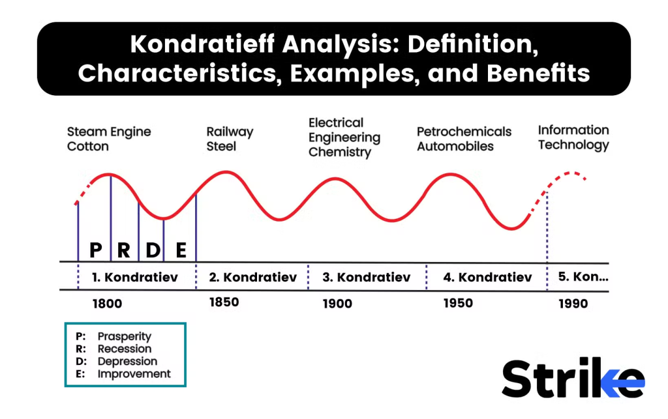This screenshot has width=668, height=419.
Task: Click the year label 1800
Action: [107, 304]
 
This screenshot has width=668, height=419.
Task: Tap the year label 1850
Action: [224, 302]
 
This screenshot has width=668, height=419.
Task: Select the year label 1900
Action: [337, 304]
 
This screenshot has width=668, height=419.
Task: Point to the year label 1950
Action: [458, 303]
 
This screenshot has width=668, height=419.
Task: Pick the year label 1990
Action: [573, 304]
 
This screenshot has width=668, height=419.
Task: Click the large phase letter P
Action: [96, 250]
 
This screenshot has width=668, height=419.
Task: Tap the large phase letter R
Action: [123, 250]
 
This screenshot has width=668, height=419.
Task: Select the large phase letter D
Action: [153, 250]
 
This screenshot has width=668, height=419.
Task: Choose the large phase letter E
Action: [181, 250]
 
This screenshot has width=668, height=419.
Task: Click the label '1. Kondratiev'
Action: [135, 278]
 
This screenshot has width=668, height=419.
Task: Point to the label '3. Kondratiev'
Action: [367, 278]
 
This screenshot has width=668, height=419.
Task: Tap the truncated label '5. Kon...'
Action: [583, 277]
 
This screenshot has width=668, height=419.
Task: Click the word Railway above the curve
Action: [230, 132]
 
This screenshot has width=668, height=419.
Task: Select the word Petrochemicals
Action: [464, 132]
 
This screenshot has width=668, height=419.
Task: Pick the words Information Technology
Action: [573, 137]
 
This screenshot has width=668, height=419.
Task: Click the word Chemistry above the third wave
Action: [340, 152]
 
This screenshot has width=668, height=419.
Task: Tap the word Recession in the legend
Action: [125, 349]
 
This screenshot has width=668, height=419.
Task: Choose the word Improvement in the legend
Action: [134, 374]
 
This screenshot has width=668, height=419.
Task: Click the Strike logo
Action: [573, 378]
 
